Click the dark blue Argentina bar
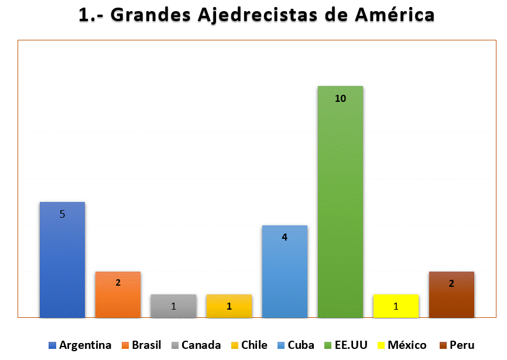(62, 263)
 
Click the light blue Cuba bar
(285, 275)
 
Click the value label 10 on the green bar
(340, 99)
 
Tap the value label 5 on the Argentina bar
(62, 214)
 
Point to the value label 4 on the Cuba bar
(285, 238)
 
